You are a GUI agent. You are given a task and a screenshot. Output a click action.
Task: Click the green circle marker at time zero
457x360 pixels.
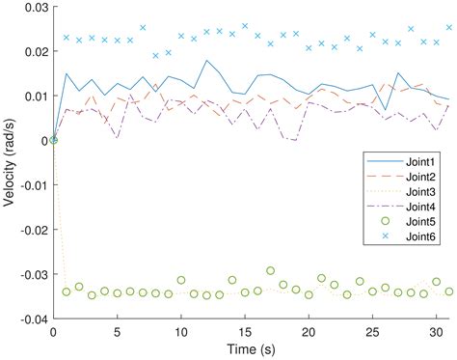point(54,140)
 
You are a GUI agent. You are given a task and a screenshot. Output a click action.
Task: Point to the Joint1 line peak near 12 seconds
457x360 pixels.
point(206,61)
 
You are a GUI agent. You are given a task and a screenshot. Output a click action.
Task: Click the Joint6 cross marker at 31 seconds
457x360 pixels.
point(448,28)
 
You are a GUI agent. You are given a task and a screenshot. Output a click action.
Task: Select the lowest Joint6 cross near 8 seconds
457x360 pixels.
point(155,56)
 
